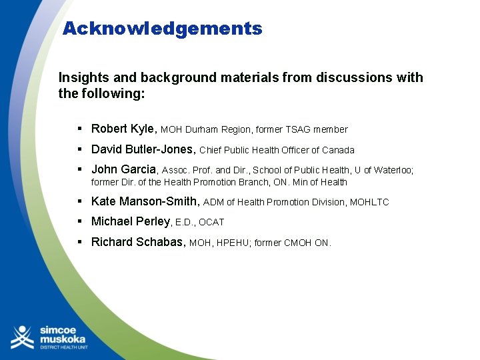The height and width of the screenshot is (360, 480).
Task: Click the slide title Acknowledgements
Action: point(162,29)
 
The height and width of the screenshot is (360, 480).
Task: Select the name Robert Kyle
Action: point(123,129)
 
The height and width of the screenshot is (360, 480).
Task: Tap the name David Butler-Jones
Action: point(143,149)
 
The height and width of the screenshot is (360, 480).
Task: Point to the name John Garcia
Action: point(123,169)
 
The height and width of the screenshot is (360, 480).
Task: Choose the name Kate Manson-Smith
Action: point(144,201)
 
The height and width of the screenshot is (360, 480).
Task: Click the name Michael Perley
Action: point(131,221)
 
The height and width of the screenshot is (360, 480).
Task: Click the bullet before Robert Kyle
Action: point(79,129)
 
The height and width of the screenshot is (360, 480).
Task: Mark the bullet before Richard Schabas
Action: point(79,242)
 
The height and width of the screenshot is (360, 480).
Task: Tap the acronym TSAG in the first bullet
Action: point(298,129)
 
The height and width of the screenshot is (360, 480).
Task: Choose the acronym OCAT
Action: point(211,222)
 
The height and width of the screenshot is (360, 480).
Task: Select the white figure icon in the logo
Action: point(22,337)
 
